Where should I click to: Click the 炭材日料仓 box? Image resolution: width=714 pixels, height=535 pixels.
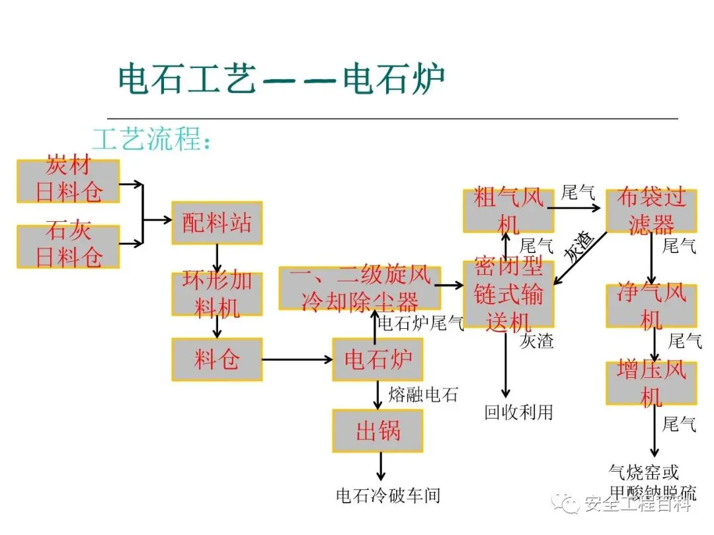click(x=68, y=181)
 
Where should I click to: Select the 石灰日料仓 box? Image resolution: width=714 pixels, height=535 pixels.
click(x=68, y=246)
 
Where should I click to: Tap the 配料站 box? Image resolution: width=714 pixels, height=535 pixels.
click(x=217, y=223)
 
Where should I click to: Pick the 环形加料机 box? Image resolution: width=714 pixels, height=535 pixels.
click(x=217, y=293)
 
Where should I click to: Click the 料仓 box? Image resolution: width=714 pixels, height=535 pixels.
click(x=217, y=359)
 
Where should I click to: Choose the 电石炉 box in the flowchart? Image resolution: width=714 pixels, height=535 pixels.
click(x=377, y=359)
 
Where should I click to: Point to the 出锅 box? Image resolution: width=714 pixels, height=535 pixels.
click(x=377, y=431)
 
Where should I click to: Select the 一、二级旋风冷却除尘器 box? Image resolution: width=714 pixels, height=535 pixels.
click(x=360, y=288)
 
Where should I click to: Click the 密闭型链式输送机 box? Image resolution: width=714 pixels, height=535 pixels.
click(x=508, y=293)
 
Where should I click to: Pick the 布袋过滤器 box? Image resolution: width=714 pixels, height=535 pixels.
click(x=651, y=210)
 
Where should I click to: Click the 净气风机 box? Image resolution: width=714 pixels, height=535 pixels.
click(x=651, y=305)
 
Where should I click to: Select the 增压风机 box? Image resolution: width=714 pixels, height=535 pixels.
click(x=651, y=382)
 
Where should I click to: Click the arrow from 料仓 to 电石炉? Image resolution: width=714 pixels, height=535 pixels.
click(x=297, y=360)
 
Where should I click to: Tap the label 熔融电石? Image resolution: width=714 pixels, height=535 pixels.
click(x=422, y=395)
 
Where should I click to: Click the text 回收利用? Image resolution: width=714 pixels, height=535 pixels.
click(x=518, y=412)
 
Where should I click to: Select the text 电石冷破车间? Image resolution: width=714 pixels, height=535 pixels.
click(x=388, y=495)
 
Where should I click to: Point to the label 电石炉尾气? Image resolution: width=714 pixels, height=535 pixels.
click(x=420, y=323)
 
